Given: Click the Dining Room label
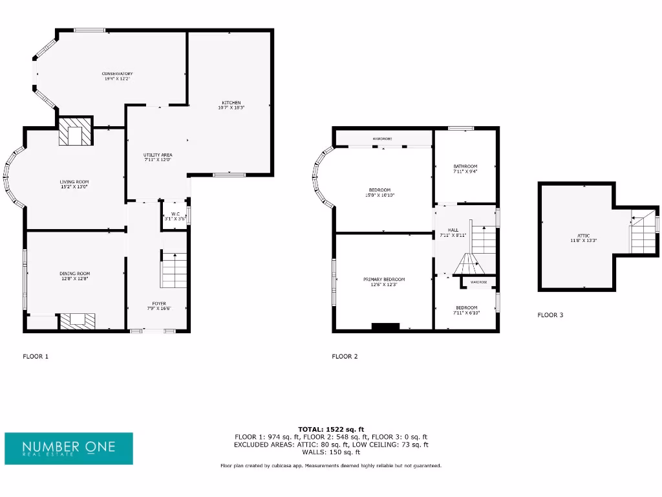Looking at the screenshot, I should (74, 276).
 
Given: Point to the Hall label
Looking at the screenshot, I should (453, 233).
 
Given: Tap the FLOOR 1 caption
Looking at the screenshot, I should (36, 357).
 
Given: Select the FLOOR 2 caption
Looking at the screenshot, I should (345, 357).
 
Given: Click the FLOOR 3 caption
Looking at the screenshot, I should (550, 315).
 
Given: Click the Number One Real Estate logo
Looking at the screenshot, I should (69, 448).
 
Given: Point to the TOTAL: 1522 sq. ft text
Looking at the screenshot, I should (331, 429).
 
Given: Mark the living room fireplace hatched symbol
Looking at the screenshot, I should (76, 133).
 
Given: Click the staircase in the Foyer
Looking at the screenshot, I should (173, 271).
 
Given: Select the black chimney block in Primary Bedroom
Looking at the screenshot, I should (385, 327).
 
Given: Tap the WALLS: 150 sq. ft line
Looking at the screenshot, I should (331, 452).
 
